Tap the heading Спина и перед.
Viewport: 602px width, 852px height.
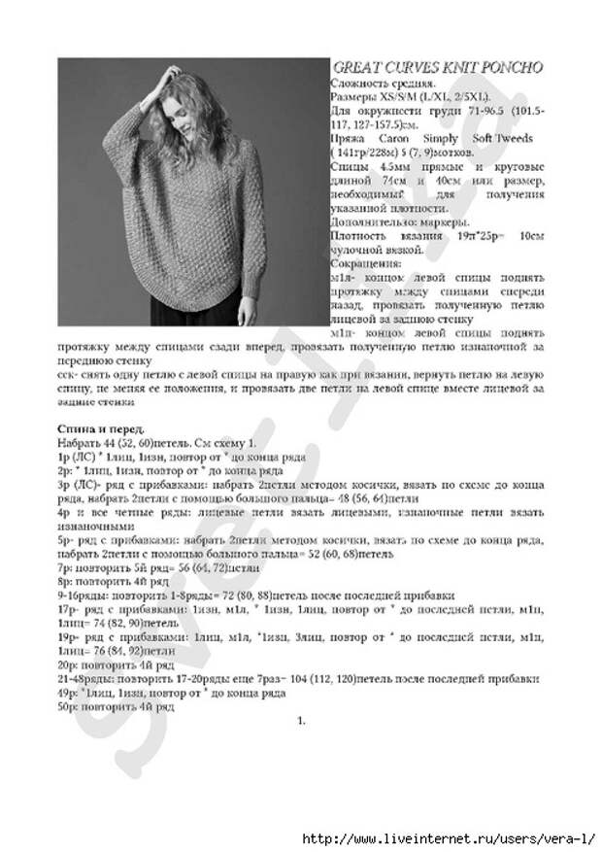tap(100, 428)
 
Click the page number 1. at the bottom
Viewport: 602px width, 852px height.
tap(301, 721)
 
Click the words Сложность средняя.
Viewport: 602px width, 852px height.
tap(380, 84)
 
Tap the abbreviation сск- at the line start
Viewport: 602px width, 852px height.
tap(68, 372)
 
